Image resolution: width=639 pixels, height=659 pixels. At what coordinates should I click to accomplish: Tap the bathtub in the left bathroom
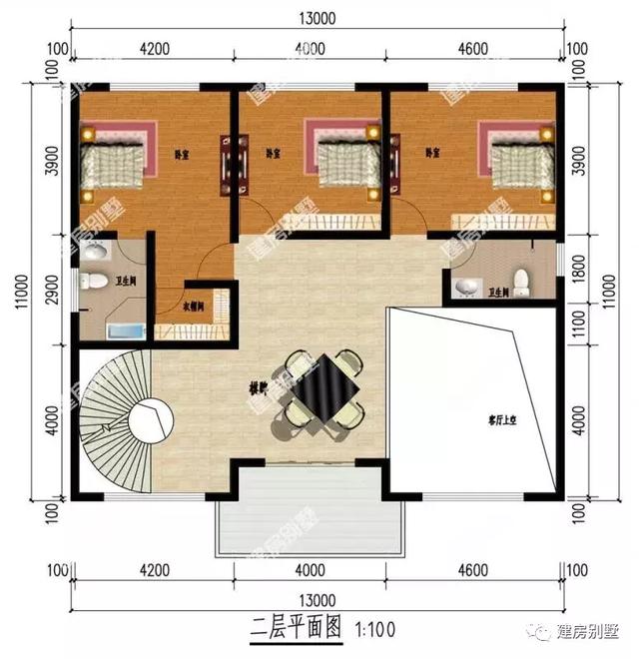tap(122, 331)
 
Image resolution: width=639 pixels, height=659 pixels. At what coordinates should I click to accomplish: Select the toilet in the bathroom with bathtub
tap(96, 281)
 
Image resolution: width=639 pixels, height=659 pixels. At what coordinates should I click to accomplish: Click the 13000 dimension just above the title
tap(314, 600)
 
